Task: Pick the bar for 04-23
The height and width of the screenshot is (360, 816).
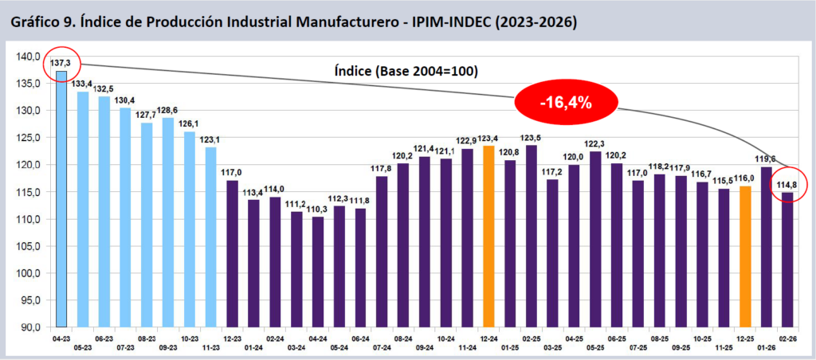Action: [x=61, y=199]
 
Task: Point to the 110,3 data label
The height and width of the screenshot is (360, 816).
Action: [x=317, y=209]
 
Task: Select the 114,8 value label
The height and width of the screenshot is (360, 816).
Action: [x=788, y=186]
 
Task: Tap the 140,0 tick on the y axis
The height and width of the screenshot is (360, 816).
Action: [x=29, y=56]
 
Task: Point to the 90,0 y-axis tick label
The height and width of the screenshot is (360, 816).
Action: [x=30, y=327]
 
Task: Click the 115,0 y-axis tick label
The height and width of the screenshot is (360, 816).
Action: [x=29, y=192]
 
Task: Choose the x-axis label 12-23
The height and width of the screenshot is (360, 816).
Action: [x=232, y=338]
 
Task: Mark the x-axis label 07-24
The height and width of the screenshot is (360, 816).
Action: [x=382, y=348]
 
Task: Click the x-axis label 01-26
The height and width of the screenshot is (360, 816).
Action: [x=767, y=348]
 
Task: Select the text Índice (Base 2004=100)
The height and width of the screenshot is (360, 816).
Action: [x=405, y=71]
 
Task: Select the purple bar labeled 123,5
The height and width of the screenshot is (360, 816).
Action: [x=532, y=236]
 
